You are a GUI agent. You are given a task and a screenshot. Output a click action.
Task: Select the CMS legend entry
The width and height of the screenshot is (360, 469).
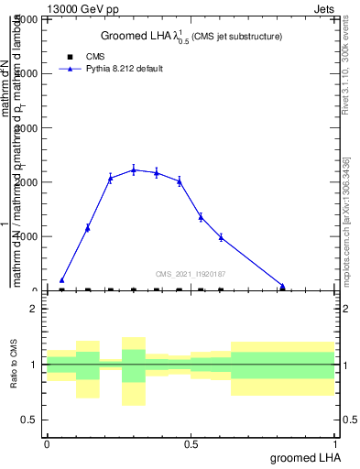pos(95,57)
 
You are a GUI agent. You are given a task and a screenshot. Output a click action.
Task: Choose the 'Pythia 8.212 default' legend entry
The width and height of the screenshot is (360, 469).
pos(125,69)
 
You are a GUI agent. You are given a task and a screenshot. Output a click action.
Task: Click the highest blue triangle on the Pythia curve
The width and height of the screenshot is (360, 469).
pos(134,169)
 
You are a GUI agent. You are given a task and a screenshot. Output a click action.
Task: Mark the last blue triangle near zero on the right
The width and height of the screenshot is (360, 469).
pos(283,286)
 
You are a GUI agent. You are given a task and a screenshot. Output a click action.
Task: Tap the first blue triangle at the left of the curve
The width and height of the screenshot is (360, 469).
pos(61,280)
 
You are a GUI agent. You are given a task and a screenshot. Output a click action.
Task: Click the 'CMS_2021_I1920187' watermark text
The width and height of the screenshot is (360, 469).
pos(191,274)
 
